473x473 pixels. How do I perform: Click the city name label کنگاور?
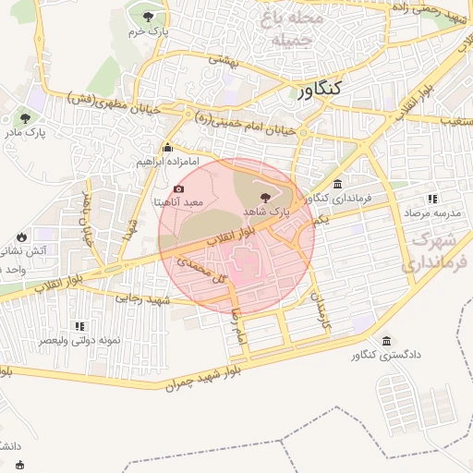[x=320, y=89]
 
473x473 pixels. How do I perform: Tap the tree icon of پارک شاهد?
[x=267, y=197]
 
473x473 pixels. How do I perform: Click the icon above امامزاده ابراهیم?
[x=167, y=148]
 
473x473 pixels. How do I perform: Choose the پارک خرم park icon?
[x=148, y=16]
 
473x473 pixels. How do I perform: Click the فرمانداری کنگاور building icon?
[x=338, y=184]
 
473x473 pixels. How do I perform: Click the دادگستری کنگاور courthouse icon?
[x=385, y=340]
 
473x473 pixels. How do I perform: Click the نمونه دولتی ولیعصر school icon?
[x=79, y=326]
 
